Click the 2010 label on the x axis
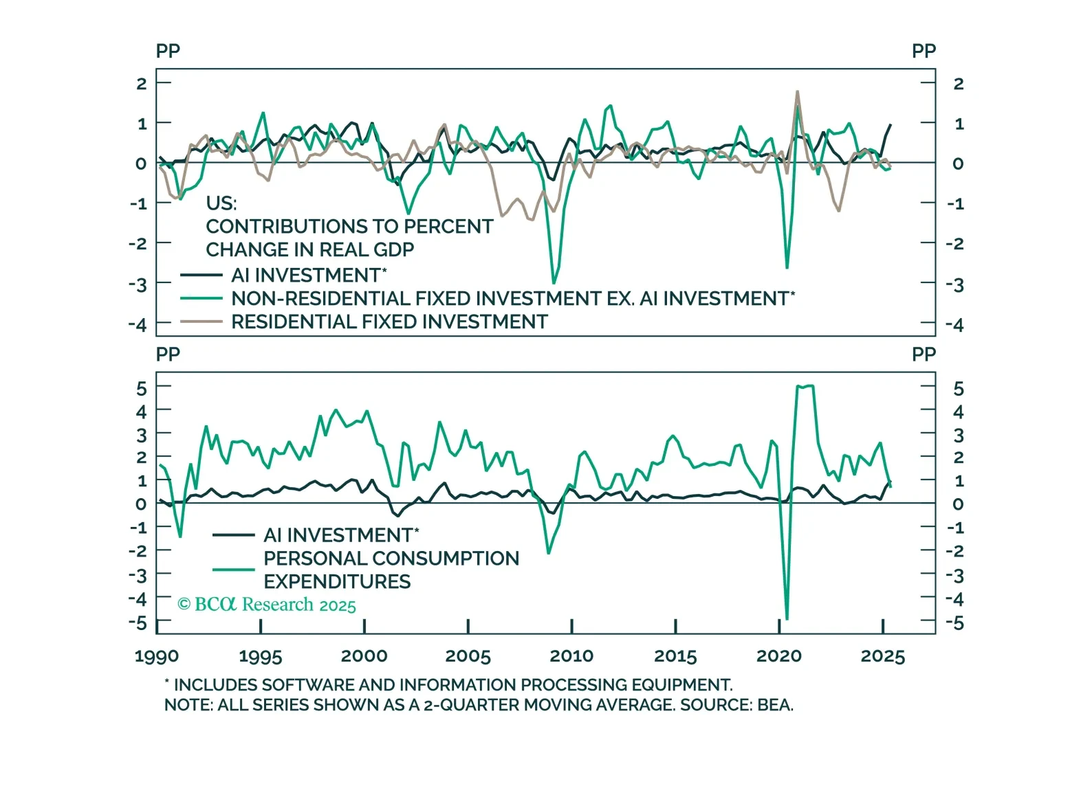[x=571, y=656]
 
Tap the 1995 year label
[x=260, y=656]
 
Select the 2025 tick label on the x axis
[x=882, y=656]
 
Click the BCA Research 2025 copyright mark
[x=267, y=605]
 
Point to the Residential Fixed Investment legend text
[x=389, y=322]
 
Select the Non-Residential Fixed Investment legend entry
[x=512, y=298]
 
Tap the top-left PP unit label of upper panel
[x=168, y=51]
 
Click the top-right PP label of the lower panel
[x=924, y=355]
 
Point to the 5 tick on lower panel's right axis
[x=958, y=389]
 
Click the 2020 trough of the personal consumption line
[x=787, y=619]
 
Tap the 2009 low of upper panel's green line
[x=554, y=282]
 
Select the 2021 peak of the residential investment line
[x=797, y=91]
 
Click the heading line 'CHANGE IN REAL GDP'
[x=309, y=249]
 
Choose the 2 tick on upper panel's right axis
[x=958, y=84]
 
